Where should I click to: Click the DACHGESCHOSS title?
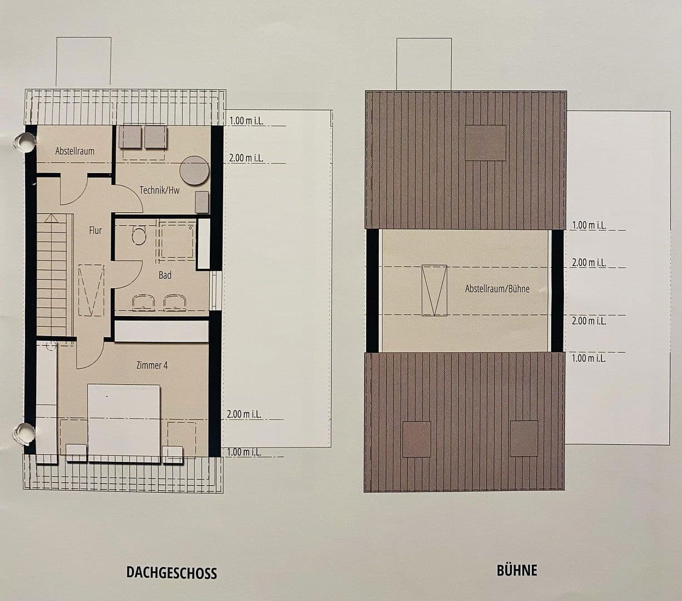171,573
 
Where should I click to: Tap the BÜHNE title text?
517,570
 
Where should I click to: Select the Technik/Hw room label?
160,190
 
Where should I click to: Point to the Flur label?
95,230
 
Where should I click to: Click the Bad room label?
165,275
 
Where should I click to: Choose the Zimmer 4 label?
152,365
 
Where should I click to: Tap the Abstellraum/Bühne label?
497,289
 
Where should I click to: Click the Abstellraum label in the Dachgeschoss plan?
75,151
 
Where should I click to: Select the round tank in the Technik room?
194,170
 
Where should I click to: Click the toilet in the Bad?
139,236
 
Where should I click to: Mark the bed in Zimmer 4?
124,422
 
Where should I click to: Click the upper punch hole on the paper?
24,142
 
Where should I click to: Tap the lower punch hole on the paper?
23,433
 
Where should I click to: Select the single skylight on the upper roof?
485,143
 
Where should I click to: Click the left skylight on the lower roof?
416,439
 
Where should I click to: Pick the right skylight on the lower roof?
523,439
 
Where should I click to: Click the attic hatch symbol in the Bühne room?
434,290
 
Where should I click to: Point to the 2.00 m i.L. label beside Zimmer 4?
244,414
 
